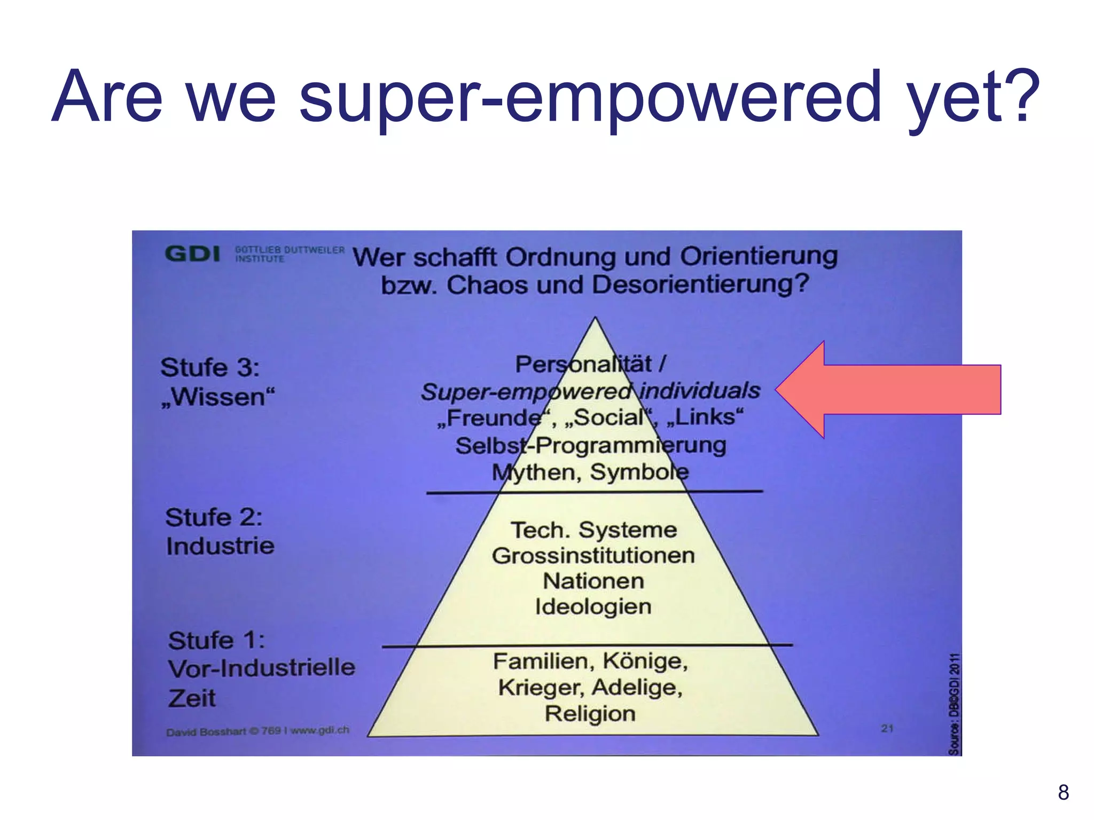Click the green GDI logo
click(192, 254)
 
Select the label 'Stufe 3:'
click(210, 367)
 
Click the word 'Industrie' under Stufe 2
click(220, 546)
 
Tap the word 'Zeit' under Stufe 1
click(192, 698)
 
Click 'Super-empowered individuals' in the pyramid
click(590, 391)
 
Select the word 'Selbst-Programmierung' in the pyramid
click(591, 445)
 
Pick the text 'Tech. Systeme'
click(593, 530)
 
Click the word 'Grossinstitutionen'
click(593, 556)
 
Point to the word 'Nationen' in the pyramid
click(593, 581)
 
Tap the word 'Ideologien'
click(593, 607)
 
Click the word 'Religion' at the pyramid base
click(590, 714)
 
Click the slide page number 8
click(1063, 792)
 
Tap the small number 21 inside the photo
click(887, 728)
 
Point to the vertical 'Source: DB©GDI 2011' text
click(954, 704)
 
